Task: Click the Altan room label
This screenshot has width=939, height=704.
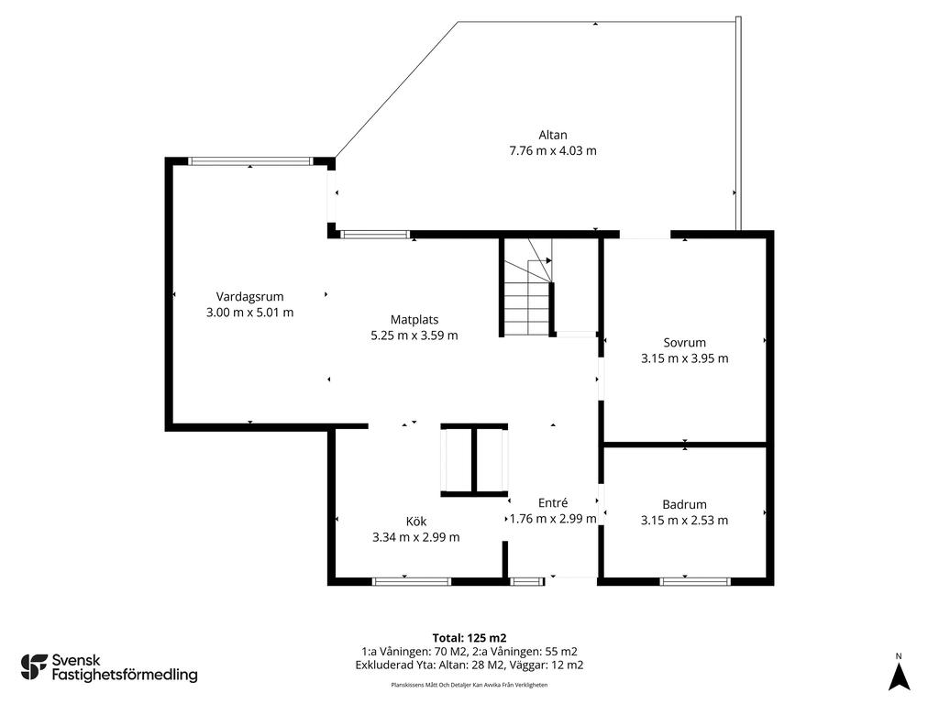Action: point(552,135)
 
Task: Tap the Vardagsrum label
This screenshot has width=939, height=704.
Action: point(249,296)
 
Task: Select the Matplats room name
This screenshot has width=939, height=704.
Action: point(414,320)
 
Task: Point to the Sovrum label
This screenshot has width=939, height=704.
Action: point(684,343)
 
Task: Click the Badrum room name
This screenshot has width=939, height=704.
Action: point(684,504)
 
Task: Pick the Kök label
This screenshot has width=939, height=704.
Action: point(415,522)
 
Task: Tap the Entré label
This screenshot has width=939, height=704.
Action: point(553,503)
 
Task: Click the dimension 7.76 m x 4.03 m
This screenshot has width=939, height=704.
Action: point(553,151)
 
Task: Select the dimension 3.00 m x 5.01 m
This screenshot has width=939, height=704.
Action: point(249,313)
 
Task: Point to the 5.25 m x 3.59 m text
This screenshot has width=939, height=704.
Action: point(414,335)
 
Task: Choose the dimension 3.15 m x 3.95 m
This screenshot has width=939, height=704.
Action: point(684,358)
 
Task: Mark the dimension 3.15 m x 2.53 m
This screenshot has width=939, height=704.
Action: point(684,521)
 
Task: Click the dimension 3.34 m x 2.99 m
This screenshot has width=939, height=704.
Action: point(415,537)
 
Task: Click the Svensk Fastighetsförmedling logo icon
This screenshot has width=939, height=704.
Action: point(34,667)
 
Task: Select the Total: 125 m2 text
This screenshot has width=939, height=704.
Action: point(469,638)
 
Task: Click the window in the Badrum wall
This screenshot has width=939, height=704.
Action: point(695,581)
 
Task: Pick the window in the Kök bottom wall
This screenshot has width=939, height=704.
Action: point(412,581)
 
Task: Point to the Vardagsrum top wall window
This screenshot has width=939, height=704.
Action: point(250,161)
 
